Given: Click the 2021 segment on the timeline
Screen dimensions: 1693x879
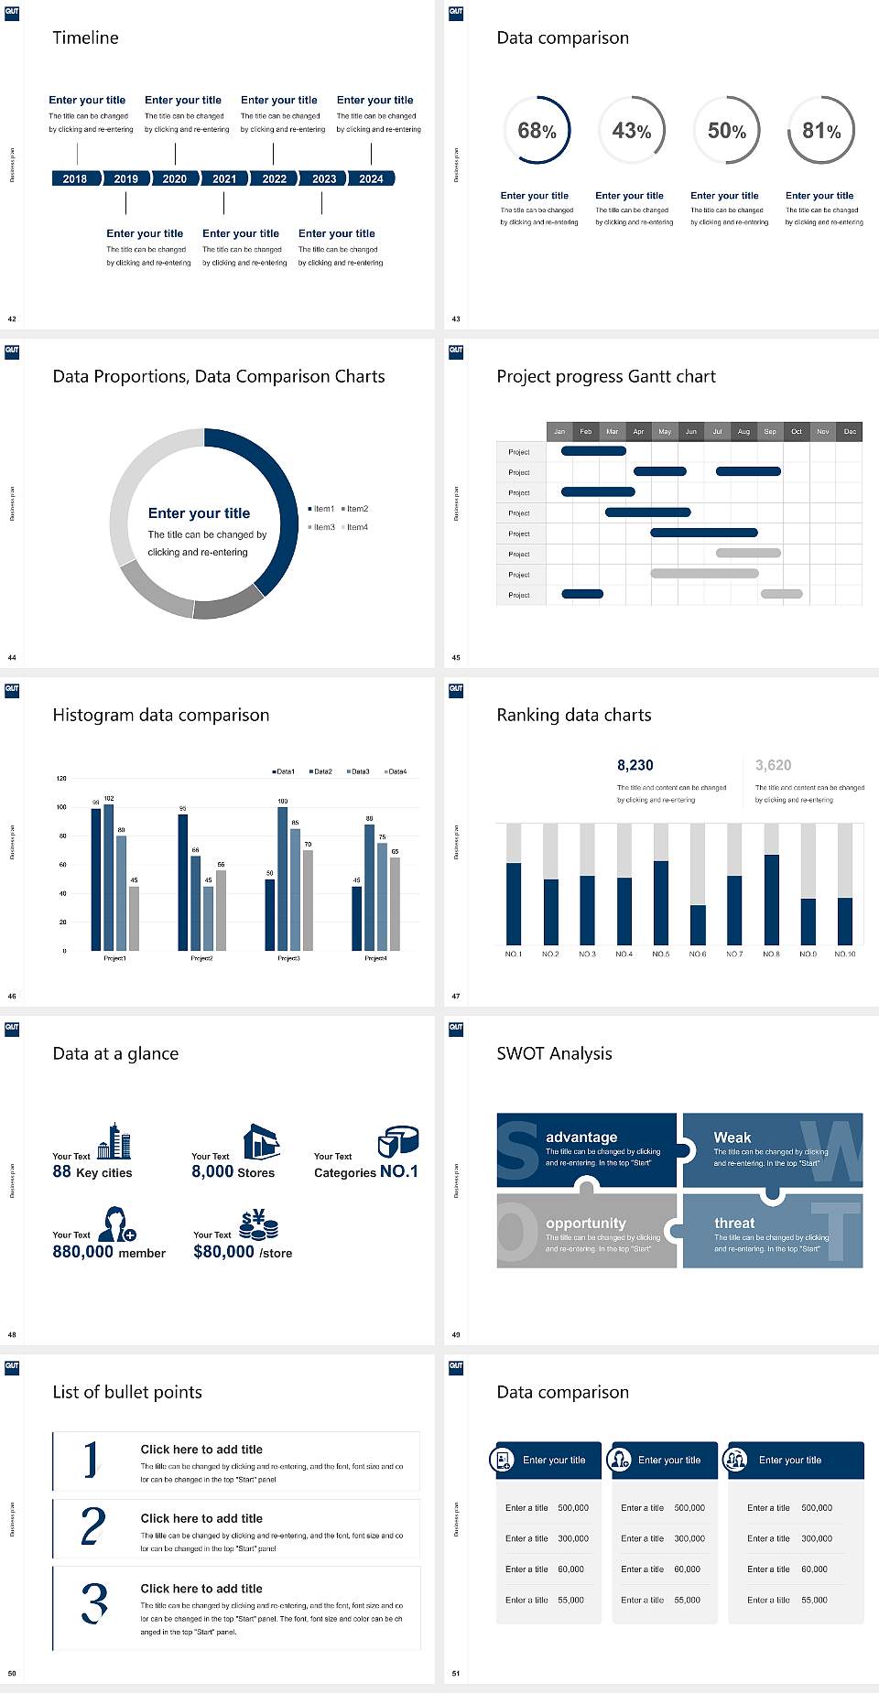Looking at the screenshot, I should point(224,178).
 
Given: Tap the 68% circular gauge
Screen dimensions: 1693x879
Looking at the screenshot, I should point(537,130).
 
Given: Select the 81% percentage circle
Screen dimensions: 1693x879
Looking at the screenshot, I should point(821,130).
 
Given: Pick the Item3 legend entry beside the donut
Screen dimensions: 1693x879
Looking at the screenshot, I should point(321,527).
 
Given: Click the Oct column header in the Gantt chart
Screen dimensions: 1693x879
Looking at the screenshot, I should point(797,431).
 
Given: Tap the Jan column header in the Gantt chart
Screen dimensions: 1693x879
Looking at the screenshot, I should point(559,431).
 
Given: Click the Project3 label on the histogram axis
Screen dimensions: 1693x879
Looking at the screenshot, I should point(288,958).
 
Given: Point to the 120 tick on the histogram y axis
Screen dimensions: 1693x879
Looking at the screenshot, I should point(61,778).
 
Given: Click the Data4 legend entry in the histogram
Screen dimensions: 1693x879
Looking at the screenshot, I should point(396,771).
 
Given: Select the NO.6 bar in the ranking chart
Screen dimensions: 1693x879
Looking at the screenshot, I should point(698,924).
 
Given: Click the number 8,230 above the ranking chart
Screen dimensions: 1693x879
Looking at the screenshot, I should point(635,765).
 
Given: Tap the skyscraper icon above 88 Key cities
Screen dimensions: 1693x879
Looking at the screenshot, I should point(114,1141).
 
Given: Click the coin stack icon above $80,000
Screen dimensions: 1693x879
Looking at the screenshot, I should point(259,1224).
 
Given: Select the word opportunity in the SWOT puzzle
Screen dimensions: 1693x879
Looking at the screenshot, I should point(586,1223).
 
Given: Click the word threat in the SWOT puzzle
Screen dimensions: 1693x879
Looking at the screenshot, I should point(734,1223).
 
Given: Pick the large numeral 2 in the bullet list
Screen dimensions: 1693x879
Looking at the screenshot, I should point(93,1526).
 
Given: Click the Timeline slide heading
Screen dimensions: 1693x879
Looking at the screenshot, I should point(85,38).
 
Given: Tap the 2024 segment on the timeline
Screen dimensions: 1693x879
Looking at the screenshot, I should point(371,178).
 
